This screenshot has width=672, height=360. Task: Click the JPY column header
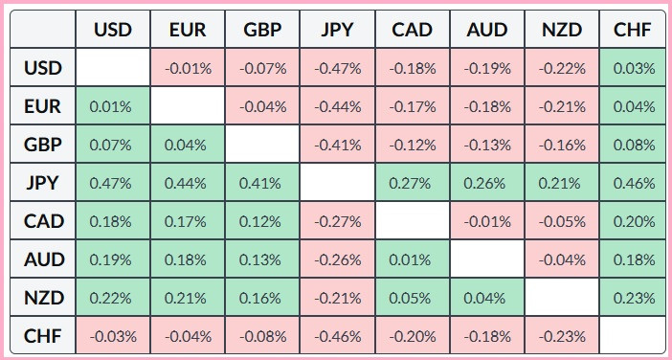point(337,29)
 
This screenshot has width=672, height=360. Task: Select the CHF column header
point(632,29)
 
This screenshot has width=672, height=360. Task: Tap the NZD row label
point(43,298)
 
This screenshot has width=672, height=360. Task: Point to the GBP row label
point(43,144)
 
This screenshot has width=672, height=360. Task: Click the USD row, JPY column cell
point(337,67)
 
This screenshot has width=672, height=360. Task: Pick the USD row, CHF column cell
point(632,67)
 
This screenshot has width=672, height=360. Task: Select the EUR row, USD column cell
point(113,106)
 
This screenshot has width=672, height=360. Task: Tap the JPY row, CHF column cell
point(632,183)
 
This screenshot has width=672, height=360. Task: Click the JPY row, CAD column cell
point(413,183)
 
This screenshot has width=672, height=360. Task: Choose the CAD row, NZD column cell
point(561,221)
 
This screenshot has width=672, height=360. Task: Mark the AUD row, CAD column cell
point(413,259)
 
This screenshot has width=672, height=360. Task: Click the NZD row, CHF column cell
point(632,298)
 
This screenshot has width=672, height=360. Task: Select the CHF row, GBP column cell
point(262,335)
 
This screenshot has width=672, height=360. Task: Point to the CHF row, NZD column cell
point(561,335)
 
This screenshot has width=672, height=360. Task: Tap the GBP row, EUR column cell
point(188,144)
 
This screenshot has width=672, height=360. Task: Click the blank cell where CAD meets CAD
point(413,221)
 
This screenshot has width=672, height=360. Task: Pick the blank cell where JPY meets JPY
point(337,183)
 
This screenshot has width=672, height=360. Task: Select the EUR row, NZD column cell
point(561,106)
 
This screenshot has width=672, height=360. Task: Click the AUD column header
point(487,29)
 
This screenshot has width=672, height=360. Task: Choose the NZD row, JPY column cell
point(337,298)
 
